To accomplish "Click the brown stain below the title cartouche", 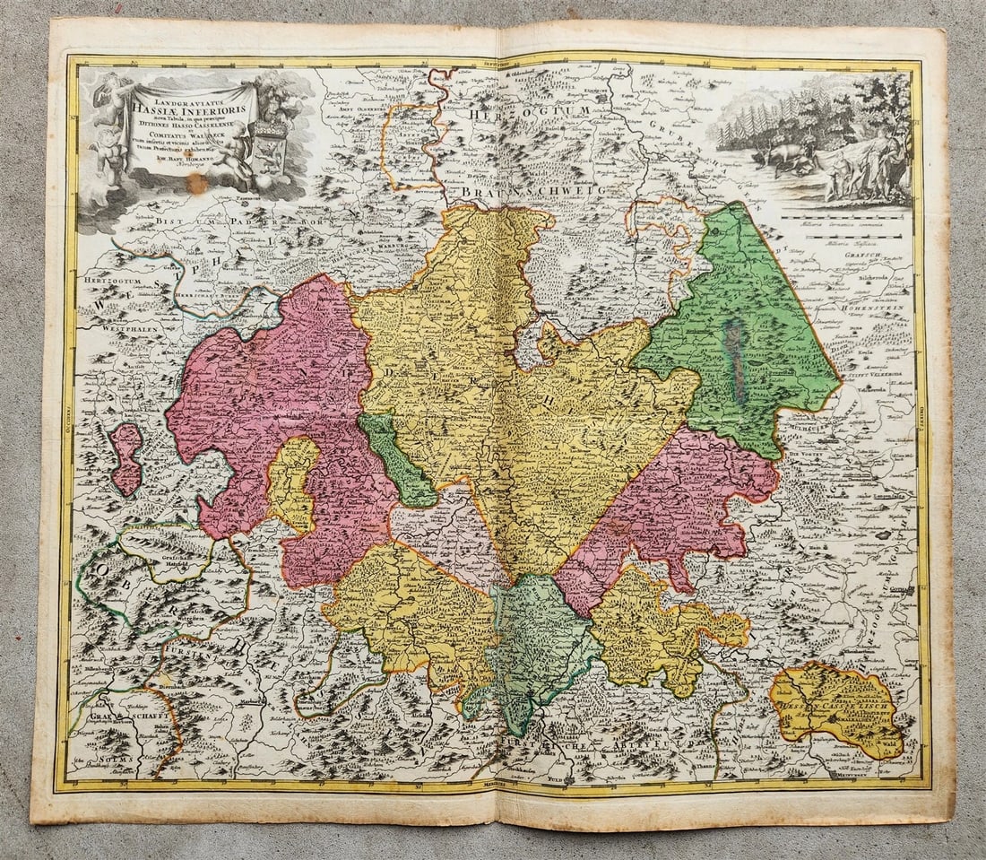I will [x=197, y=184].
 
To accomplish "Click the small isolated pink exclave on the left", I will [x=126, y=458].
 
